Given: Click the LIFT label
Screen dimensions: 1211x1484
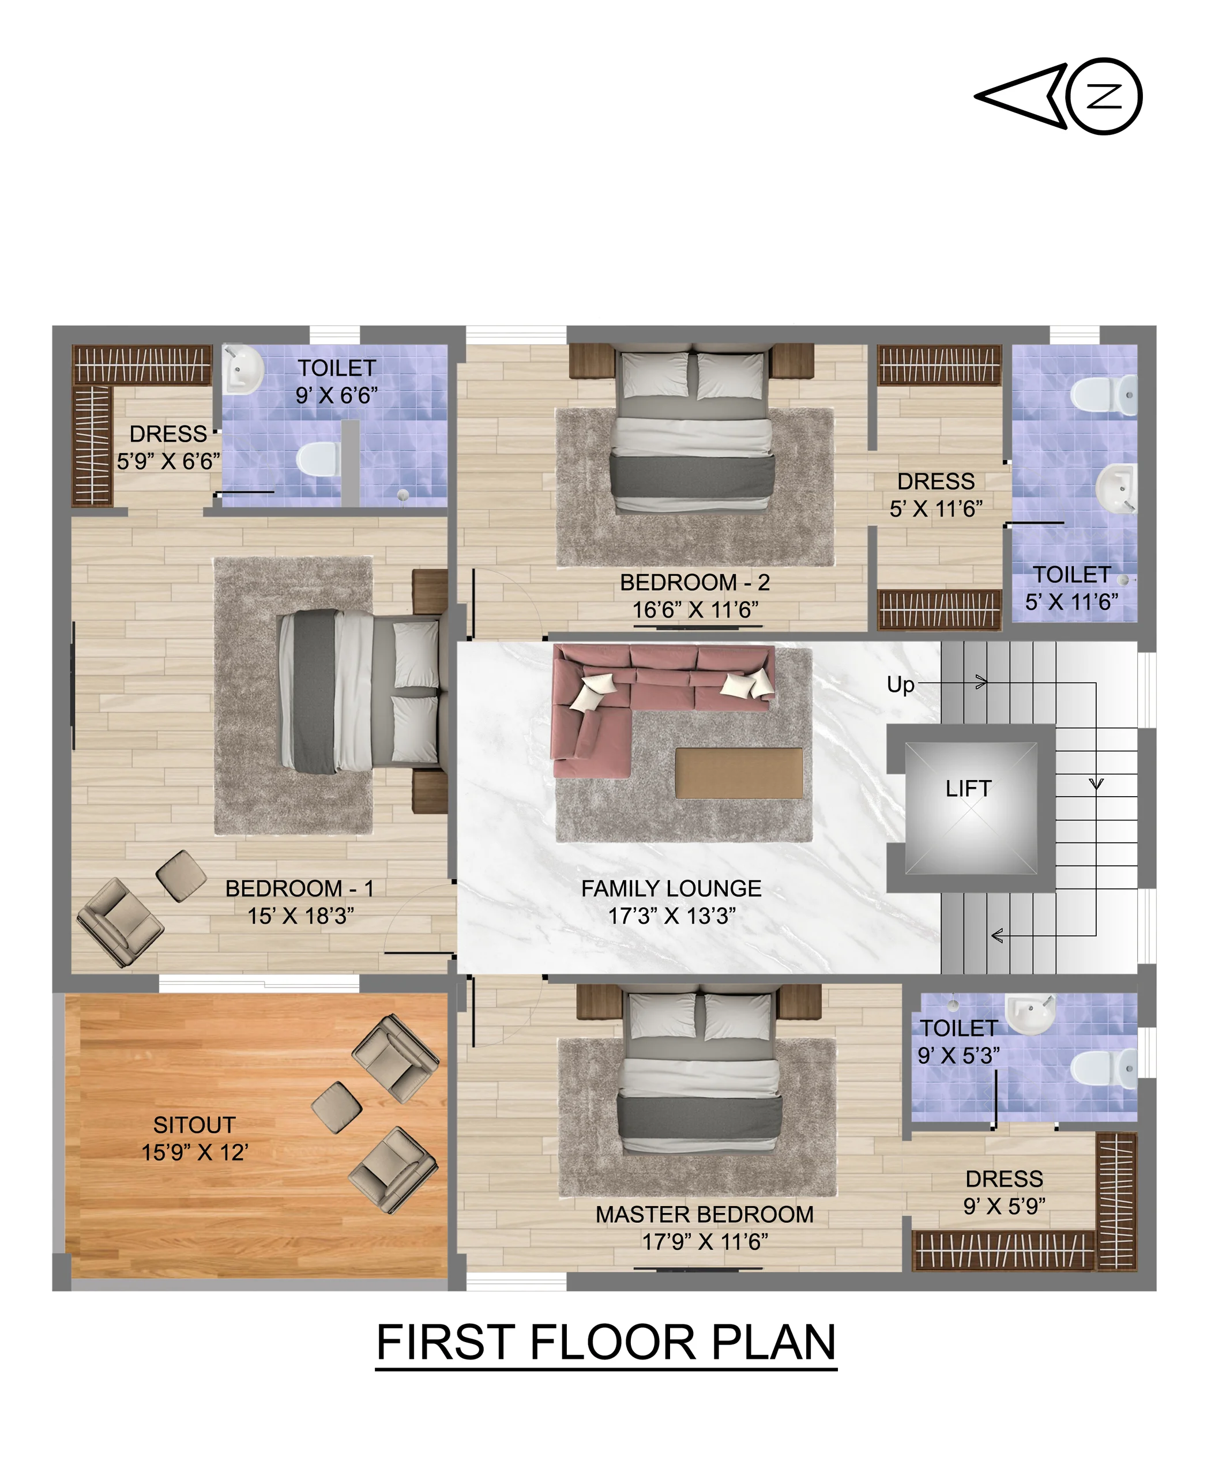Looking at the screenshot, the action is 968,789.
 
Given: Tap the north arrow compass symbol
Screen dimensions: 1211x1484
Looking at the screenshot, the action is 1058,96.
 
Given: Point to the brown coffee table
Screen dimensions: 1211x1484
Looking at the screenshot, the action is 739,773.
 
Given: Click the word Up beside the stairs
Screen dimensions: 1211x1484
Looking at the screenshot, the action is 900,685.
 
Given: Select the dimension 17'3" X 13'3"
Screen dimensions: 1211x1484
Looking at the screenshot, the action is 672,916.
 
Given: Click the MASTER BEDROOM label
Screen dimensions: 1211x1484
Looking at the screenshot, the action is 705,1214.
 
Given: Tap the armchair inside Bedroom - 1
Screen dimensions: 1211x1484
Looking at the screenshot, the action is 120,922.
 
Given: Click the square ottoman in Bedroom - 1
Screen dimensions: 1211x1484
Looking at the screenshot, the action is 180,875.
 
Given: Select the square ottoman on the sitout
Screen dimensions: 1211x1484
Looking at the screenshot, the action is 336,1108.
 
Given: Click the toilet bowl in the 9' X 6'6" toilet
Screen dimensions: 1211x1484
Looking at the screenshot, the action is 319,459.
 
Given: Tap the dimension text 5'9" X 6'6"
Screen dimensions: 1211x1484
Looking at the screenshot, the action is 168,462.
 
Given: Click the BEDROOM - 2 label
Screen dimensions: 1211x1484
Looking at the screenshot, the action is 695,582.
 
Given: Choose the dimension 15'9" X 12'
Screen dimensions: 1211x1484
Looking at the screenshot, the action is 195,1152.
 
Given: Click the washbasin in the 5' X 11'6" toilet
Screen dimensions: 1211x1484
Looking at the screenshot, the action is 1115,489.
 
